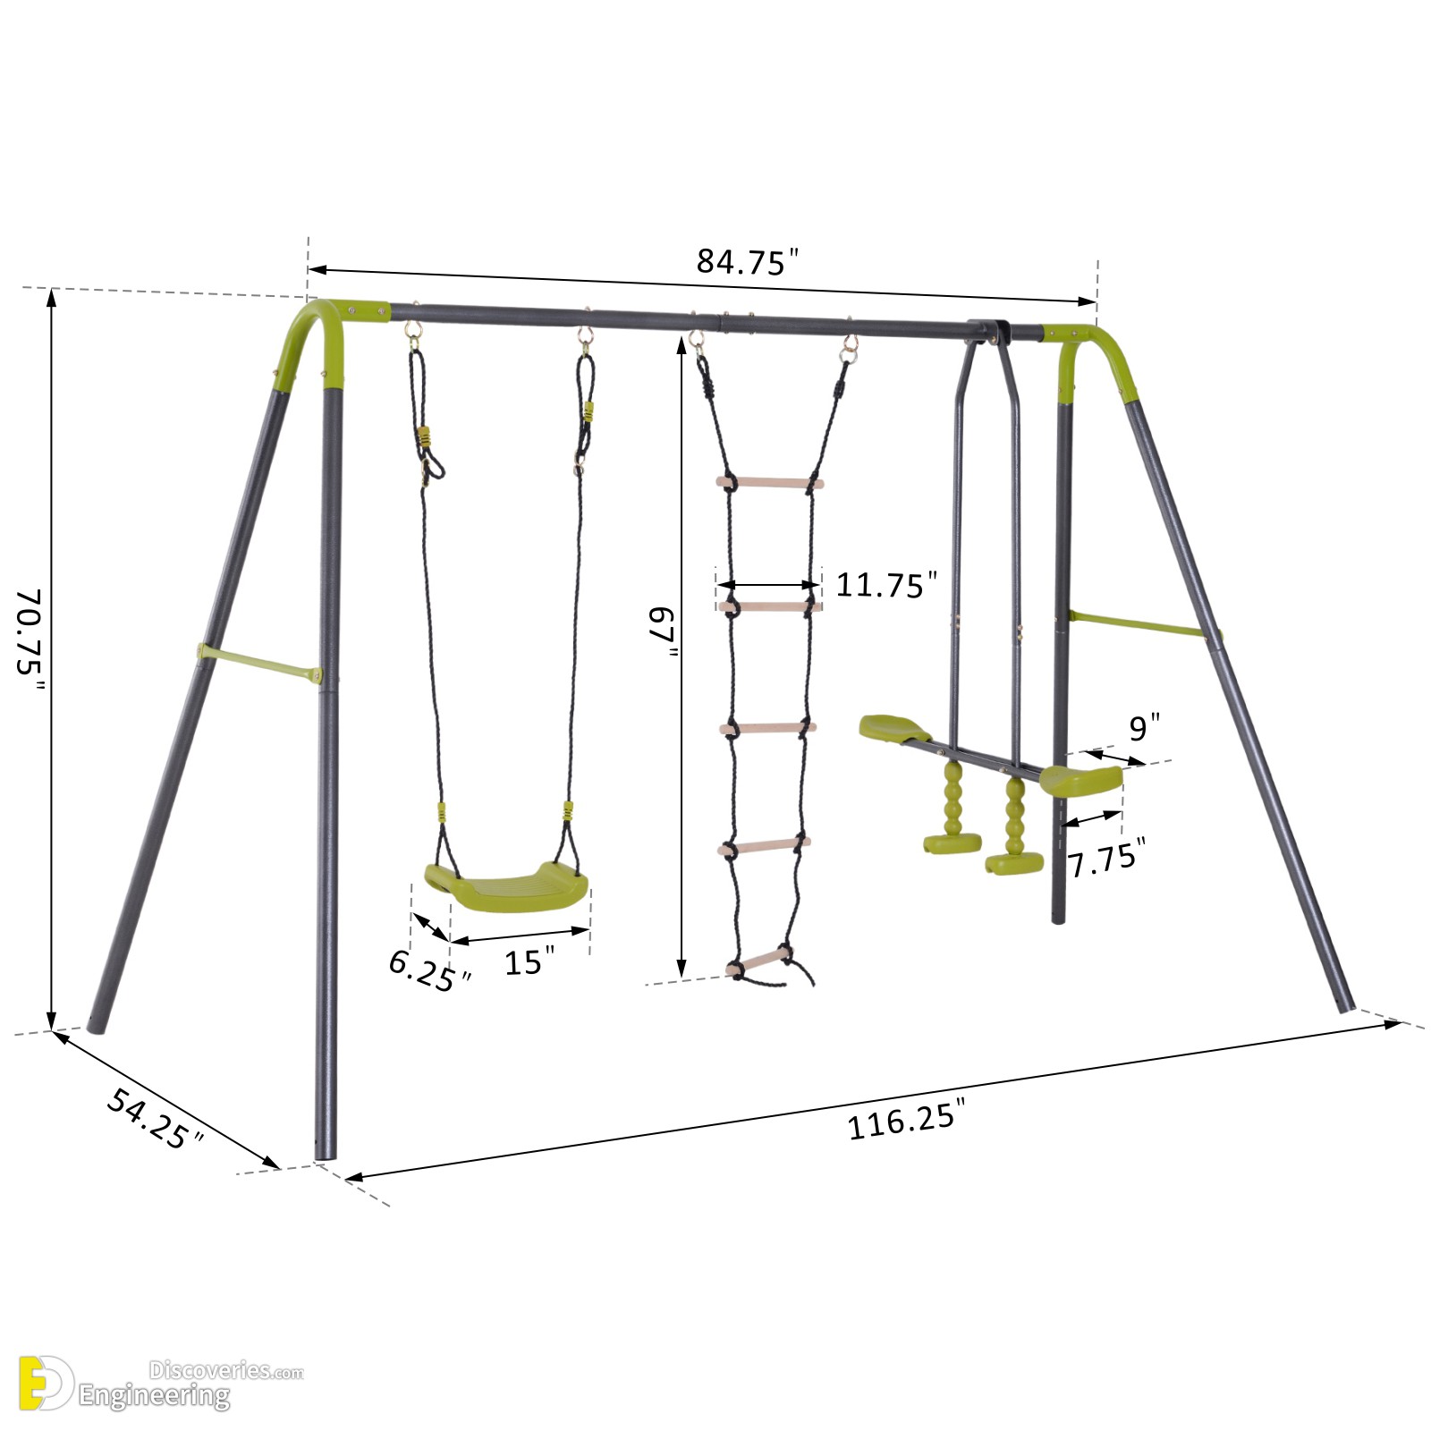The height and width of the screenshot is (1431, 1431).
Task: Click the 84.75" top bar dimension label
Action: coord(747,262)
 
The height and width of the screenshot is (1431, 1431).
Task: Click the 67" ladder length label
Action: coord(662,632)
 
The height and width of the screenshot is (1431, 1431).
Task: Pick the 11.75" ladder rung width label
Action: coord(886,585)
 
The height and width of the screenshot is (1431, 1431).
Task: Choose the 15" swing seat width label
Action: coord(529,961)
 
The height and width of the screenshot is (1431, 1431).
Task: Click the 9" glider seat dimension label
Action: coord(1144,728)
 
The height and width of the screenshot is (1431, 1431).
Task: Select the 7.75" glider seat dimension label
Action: coord(1107,859)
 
